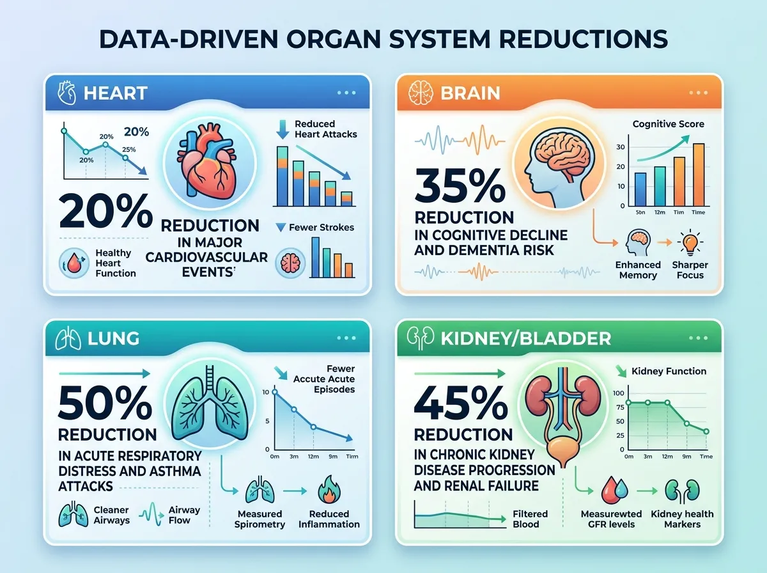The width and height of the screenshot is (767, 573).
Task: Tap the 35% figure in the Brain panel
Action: [460, 185]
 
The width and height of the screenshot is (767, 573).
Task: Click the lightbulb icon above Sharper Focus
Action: [689, 244]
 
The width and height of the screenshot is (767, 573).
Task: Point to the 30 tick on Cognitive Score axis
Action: [619, 147]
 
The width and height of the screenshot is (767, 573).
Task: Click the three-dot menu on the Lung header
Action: [346, 338]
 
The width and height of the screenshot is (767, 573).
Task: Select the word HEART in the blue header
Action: [115, 93]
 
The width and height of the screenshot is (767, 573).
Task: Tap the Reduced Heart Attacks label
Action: [325, 129]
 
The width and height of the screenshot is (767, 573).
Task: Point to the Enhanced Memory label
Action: [637, 270]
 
